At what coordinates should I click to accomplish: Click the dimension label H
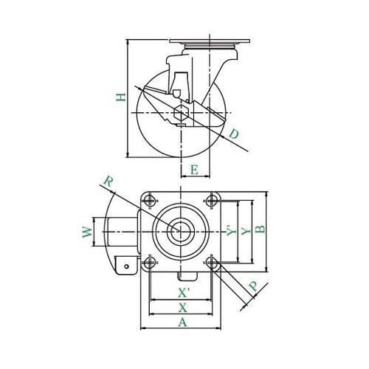coord(121,97)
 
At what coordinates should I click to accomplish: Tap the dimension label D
coord(234,134)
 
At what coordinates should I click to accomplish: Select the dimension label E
coord(194,170)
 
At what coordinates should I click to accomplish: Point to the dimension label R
coord(108,182)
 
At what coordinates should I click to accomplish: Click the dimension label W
coord(87,232)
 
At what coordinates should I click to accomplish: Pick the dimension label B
coord(260,229)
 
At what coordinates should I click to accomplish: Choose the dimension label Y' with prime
coord(231,230)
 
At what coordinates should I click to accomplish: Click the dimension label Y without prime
coord(246,231)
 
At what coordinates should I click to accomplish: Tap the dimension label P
coord(253,286)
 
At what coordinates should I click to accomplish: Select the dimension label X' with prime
coord(184,293)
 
